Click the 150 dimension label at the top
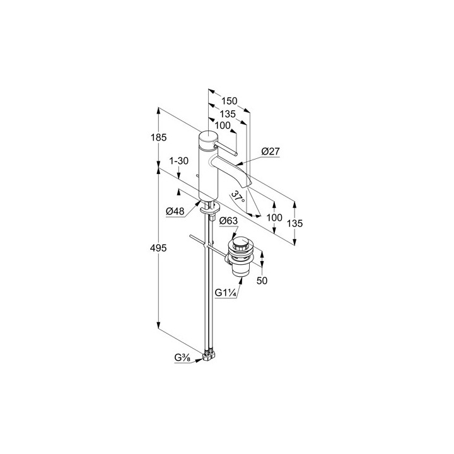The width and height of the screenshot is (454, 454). pyautogui.click(x=230, y=101)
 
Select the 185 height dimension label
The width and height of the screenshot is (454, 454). pyautogui.click(x=159, y=137)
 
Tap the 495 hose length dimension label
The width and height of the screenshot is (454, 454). pyautogui.click(x=159, y=248)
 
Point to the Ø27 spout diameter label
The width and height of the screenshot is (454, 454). pyautogui.click(x=271, y=151)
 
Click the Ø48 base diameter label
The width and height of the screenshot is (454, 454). pyautogui.click(x=175, y=212)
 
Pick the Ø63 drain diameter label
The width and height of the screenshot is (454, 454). pyautogui.click(x=228, y=221)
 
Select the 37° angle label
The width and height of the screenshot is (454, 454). pyautogui.click(x=238, y=197)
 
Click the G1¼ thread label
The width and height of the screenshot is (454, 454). pyautogui.click(x=226, y=293)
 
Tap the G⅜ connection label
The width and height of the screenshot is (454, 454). pyautogui.click(x=182, y=358)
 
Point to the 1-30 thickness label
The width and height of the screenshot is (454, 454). pyautogui.click(x=178, y=160)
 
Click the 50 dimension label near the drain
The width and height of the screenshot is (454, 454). pyautogui.click(x=262, y=281)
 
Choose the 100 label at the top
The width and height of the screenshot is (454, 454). pyautogui.click(x=223, y=125)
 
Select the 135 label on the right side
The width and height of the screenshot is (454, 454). pyautogui.click(x=294, y=223)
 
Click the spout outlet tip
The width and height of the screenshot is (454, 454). pyautogui.click(x=248, y=184)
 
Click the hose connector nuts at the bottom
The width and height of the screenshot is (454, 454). pyautogui.click(x=209, y=356)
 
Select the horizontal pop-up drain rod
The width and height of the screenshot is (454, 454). pyautogui.click(x=209, y=247)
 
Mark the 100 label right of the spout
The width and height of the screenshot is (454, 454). pyautogui.click(x=274, y=218)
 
